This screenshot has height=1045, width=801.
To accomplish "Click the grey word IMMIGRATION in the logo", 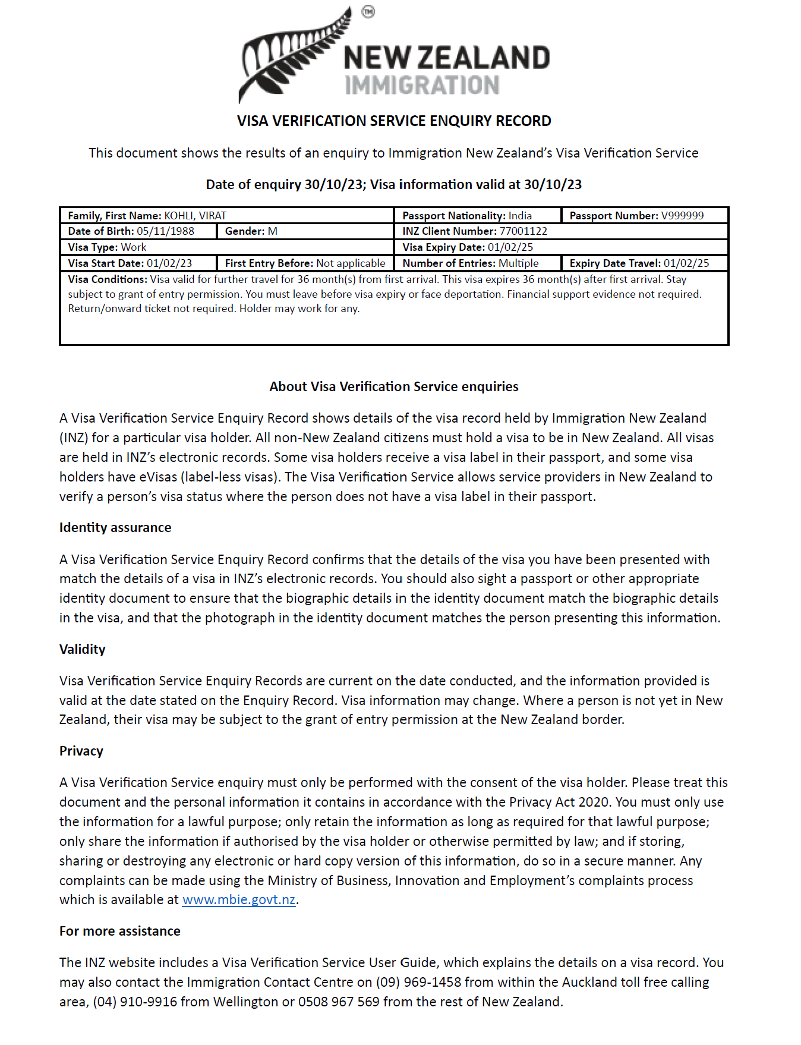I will tap(422, 86).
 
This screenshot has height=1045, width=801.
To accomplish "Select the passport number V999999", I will tap(682, 216).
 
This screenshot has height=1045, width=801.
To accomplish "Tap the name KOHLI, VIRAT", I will tap(195, 216).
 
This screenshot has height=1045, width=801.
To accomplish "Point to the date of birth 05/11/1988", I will tap(165, 231).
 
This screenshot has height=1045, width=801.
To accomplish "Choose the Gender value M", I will tap(273, 231).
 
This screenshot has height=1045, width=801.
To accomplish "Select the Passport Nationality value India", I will tap(520, 216).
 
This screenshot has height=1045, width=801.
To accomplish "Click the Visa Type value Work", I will tap(134, 247).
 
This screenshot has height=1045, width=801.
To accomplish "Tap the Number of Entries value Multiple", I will tap(518, 263).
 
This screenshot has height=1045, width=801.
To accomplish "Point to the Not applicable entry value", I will tap(351, 263).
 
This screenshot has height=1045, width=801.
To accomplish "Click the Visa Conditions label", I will tap(107, 279).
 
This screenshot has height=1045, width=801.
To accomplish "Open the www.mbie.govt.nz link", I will tap(239, 900).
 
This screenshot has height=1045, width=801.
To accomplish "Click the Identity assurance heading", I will tap(115, 528).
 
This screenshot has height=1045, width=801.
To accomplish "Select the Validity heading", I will tap(83, 649).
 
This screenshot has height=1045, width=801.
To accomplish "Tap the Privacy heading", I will tap(81, 751).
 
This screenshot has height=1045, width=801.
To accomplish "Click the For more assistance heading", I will tap(120, 931).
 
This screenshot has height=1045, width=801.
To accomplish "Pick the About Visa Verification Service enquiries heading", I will tap(394, 387).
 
